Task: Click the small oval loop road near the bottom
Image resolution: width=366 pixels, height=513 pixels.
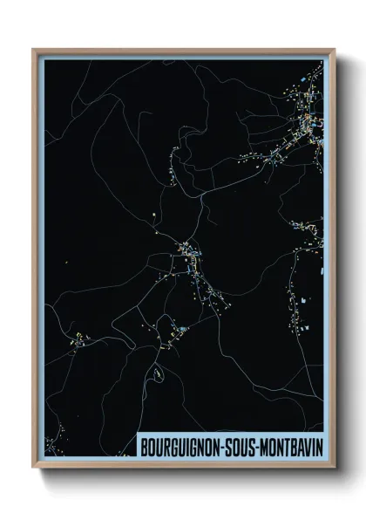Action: coord(158,373)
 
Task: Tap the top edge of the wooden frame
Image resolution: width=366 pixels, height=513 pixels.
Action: coord(183,51)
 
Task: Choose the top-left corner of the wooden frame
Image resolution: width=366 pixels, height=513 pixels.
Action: coord(35,51)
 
